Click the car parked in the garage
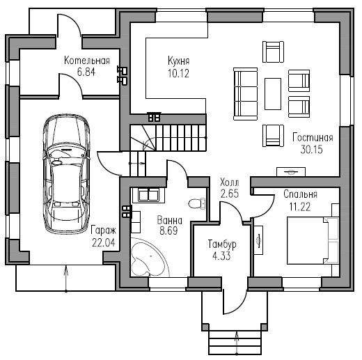(66, 174)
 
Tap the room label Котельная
(87, 61)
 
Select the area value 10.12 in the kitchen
(178, 74)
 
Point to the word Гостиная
(313, 138)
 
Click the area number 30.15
(311, 150)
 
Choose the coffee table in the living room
(273, 94)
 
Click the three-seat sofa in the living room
(246, 94)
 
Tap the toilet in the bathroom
(197, 203)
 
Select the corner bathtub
(150, 257)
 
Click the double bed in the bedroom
(313, 240)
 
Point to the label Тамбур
(222, 244)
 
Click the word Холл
(230, 182)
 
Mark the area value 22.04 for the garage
(104, 243)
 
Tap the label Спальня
(300, 194)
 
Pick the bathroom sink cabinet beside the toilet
(148, 194)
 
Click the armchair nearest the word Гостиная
(273, 136)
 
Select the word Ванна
(170, 220)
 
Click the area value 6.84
(86, 72)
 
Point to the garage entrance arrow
(66, 279)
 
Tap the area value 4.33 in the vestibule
(221, 256)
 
